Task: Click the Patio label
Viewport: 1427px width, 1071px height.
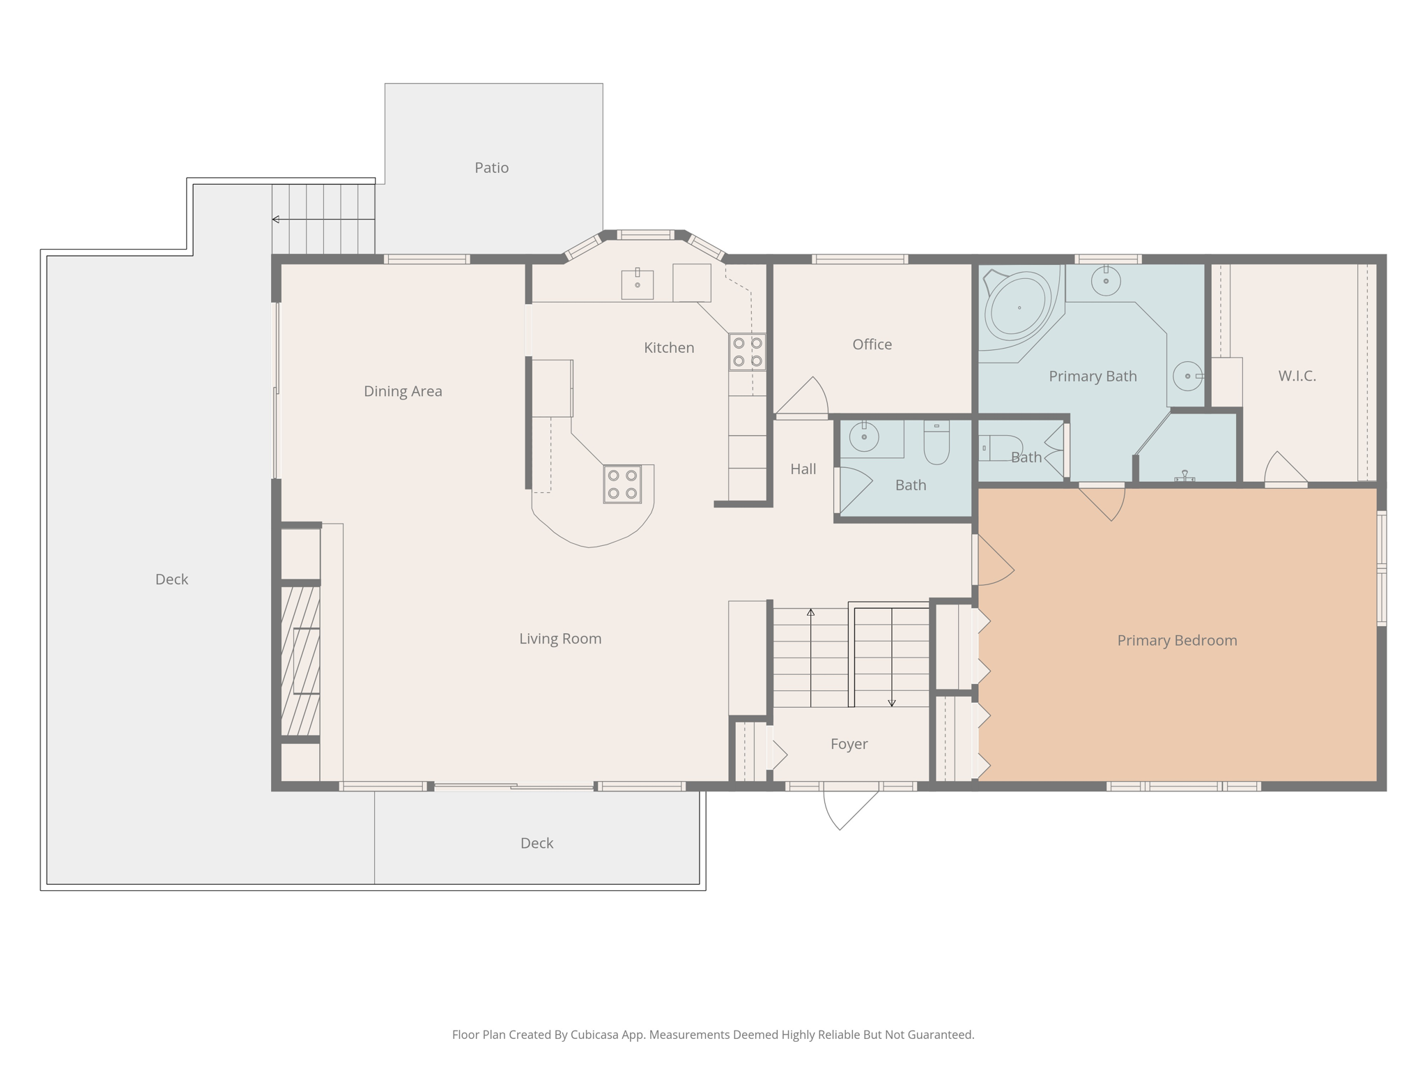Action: coord(491,168)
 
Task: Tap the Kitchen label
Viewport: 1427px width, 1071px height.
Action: coord(669,348)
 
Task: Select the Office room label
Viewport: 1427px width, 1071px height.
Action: coord(872,344)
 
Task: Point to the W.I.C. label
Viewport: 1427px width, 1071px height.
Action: coord(1297,376)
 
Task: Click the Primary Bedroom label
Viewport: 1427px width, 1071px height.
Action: coord(1177,641)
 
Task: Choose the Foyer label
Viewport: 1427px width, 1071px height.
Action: coord(849,745)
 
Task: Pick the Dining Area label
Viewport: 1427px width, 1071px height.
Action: coord(403,391)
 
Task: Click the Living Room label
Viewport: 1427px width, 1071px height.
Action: coord(560,639)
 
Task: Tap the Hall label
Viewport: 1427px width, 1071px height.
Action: coord(803,469)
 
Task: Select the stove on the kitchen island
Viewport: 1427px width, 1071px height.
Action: coord(622,484)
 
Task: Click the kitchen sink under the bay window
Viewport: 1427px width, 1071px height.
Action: coord(637,284)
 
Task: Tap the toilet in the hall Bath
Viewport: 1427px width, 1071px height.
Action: coord(936,442)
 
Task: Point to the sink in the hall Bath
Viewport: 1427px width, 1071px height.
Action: coord(864,437)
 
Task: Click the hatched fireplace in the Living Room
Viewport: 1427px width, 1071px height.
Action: coord(300,660)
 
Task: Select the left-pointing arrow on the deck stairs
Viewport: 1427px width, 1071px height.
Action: coord(323,220)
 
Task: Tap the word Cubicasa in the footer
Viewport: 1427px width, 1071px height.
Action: coord(596,1035)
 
